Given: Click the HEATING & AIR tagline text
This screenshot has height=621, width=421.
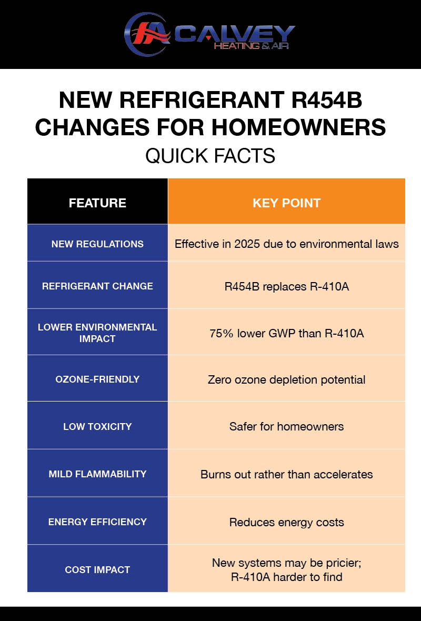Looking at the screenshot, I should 251,46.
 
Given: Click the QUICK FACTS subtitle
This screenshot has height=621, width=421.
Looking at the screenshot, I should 210,156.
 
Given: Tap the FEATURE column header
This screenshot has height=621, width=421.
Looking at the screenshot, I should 97,203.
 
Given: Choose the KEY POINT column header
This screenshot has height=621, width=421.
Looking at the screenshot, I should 286,203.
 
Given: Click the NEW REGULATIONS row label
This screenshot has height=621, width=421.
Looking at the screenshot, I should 97,244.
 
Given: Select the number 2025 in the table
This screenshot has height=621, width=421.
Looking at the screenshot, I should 250,244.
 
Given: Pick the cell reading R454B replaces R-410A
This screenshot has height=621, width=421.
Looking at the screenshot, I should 286,287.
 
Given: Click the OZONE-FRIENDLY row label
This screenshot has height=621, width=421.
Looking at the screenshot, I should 97,379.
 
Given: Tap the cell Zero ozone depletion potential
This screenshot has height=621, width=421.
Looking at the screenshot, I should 286,379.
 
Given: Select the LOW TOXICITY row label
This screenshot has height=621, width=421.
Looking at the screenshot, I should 97,426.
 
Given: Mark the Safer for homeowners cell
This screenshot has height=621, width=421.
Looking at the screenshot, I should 286,426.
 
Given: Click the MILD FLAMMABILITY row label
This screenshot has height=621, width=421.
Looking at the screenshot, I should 97,474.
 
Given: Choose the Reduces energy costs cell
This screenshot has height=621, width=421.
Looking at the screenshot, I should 286,522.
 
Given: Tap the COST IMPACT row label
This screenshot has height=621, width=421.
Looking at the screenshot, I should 97,569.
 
